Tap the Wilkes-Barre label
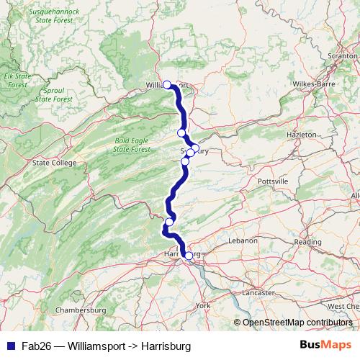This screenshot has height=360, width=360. [x=311, y=84]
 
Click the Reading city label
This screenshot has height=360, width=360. [x=307, y=242]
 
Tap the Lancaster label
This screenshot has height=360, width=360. [x=258, y=292]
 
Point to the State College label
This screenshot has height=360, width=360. [x=54, y=163]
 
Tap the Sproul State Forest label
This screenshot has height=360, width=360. [x=53, y=94]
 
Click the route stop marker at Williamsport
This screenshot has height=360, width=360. [x=167, y=84]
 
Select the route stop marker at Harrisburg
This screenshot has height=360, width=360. [x=189, y=255]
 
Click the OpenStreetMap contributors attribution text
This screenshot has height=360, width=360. [x=297, y=323]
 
